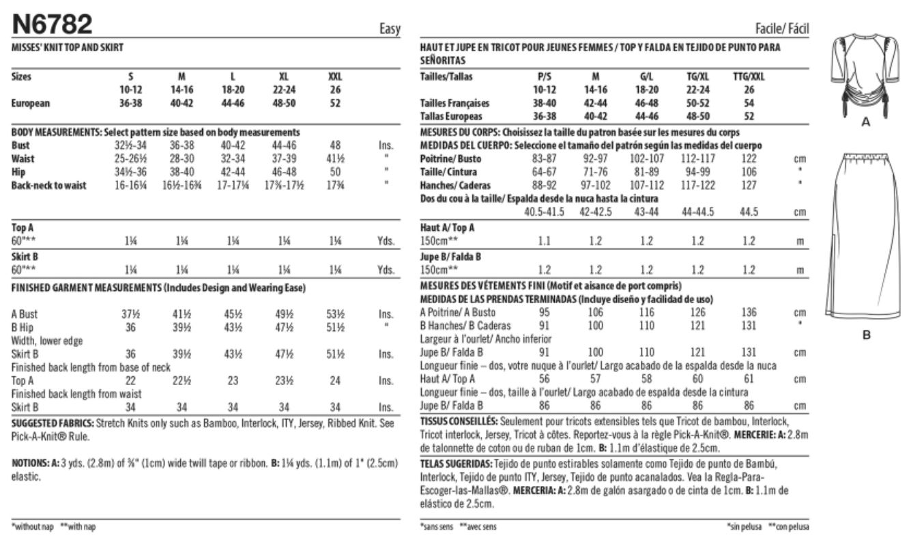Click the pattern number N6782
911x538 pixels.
click(x=52, y=25)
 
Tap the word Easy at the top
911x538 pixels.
click(x=389, y=30)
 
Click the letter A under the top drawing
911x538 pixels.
click(x=866, y=122)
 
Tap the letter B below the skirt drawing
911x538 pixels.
click(x=866, y=335)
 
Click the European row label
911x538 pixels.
click(x=31, y=104)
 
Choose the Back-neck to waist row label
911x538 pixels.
click(x=49, y=186)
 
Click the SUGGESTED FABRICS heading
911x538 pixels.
click(x=54, y=423)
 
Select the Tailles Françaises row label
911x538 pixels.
click(x=455, y=104)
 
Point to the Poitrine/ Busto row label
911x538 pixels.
click(x=448, y=159)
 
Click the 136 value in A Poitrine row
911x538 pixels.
click(x=749, y=313)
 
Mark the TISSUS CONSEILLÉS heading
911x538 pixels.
click(x=459, y=421)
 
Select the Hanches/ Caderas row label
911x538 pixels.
click(x=449, y=186)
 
